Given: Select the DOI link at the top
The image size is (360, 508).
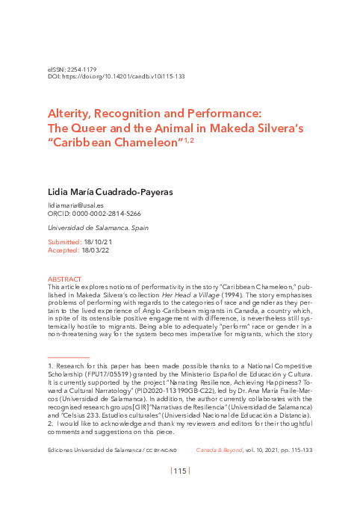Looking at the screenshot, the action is [122, 77].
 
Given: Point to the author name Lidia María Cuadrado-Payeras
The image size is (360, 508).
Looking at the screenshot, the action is [109, 192].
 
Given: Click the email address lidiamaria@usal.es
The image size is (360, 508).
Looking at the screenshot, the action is [75, 205].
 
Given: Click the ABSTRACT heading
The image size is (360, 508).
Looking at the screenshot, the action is [64, 279].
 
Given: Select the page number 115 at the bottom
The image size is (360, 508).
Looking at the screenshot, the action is [180, 471].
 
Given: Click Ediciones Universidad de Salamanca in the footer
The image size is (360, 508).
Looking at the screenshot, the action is [94, 450].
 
